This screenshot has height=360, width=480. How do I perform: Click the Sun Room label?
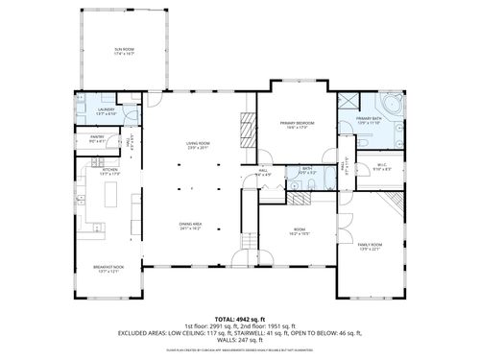click(123, 50)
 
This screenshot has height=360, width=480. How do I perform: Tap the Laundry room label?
click(107, 111)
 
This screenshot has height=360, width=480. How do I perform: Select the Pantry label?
click(97, 140)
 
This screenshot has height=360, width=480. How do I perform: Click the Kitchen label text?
click(108, 173)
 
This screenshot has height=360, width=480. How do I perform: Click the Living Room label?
click(199, 145)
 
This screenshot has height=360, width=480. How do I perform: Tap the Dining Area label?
click(190, 227)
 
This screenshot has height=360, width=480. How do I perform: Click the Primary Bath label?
click(369, 122)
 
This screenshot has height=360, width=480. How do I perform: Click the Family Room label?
click(370, 247)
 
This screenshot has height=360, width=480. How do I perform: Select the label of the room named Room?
click(300, 230)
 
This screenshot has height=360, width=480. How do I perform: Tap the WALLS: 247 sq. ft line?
click(240, 341)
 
